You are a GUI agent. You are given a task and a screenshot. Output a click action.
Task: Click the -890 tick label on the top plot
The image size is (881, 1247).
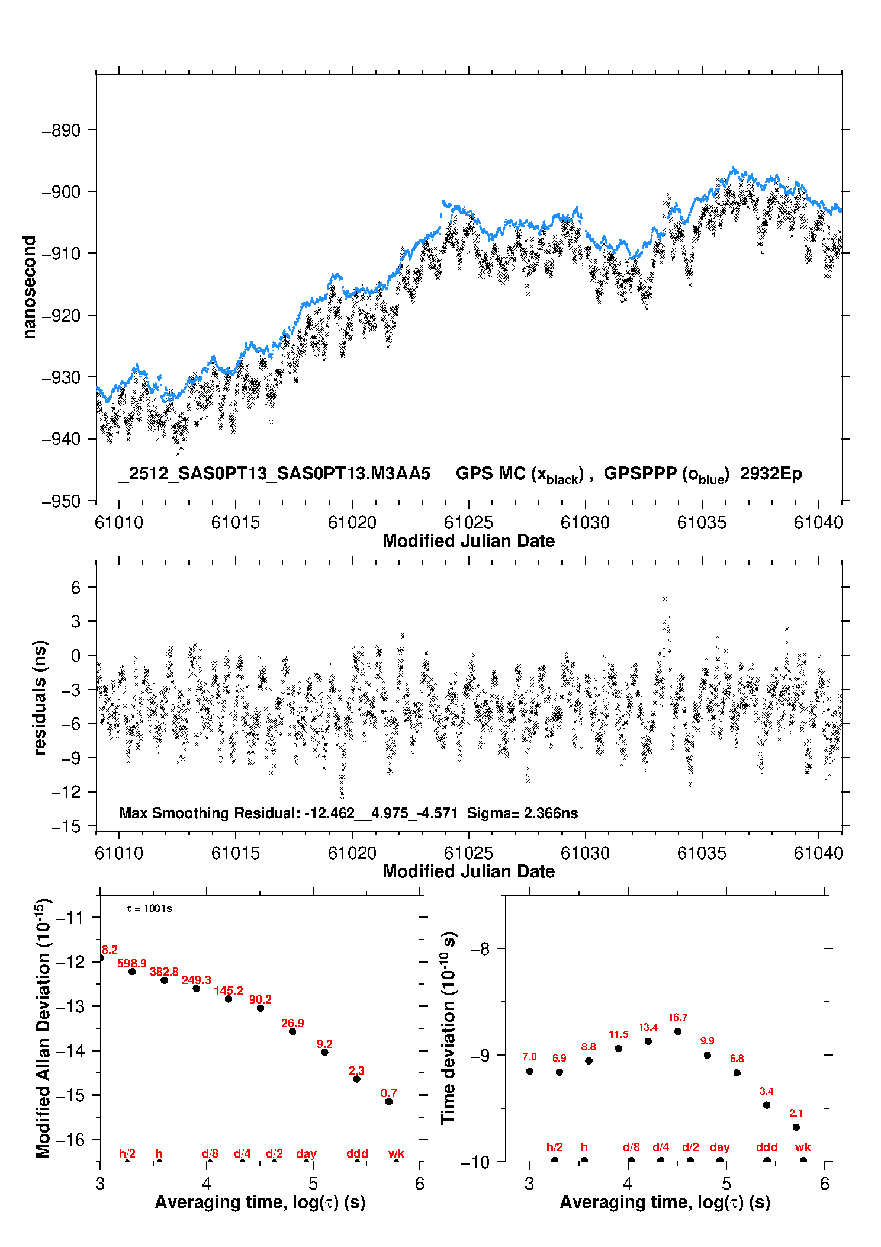61,130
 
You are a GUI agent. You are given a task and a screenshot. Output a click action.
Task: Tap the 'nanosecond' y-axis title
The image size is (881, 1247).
29,287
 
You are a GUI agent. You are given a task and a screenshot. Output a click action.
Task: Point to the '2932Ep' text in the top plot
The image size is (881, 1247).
770,473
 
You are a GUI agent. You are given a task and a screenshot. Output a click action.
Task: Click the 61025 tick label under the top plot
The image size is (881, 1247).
468,522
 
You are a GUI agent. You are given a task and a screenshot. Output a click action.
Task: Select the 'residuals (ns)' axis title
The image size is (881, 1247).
40,697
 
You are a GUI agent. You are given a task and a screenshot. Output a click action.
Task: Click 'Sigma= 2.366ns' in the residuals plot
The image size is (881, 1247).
522,813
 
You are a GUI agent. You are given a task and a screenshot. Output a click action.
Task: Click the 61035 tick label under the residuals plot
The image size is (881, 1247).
702,853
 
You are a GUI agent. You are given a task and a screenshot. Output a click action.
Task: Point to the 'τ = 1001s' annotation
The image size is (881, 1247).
149,909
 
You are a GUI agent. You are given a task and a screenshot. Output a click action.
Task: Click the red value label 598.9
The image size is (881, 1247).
131,964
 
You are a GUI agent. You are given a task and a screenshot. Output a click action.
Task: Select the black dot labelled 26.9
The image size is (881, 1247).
292,1031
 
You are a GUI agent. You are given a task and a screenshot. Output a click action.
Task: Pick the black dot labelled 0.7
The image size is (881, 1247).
389,1102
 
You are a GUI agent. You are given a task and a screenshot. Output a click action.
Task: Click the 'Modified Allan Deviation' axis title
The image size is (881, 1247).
43,1028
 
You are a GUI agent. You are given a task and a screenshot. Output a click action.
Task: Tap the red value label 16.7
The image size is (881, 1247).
678,1018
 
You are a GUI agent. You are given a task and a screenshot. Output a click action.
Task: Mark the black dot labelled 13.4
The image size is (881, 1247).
648,1041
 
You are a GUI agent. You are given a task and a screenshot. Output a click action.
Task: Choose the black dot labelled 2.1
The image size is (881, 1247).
796,1127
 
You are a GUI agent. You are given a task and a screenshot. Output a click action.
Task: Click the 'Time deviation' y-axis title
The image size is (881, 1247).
449,1028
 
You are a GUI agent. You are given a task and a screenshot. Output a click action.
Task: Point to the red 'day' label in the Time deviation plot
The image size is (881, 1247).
720,1147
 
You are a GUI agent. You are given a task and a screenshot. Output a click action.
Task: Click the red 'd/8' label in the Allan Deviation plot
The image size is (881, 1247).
210,1153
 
